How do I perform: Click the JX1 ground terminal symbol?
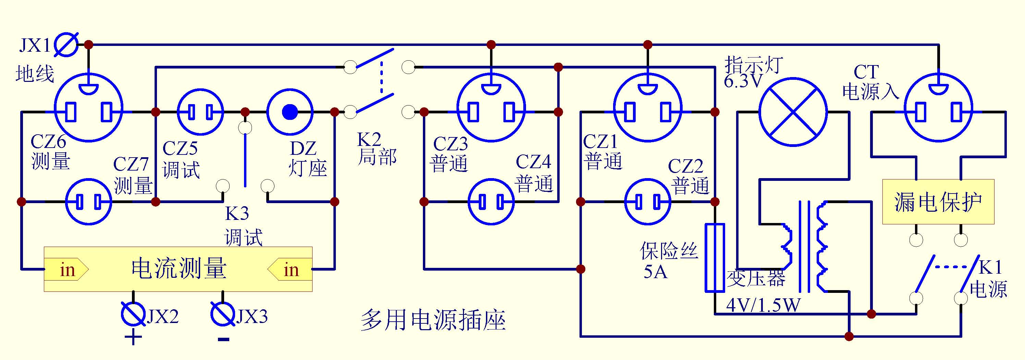tap(66, 44)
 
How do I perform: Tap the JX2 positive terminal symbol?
tap(133, 314)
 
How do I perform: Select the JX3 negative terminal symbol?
tap(222, 314)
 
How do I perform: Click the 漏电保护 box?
tap(938, 202)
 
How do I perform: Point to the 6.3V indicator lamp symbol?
tap(793, 112)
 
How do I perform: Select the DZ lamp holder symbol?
tap(290, 112)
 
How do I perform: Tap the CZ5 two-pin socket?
tap(200, 112)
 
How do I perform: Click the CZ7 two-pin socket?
tap(88, 202)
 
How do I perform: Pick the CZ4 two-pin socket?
tap(491, 202)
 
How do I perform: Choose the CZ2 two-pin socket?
tap(647, 202)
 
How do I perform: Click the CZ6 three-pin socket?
tap(88, 108)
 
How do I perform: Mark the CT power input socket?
tap(938, 108)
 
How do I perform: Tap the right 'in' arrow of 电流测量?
tap(291, 270)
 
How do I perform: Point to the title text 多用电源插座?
tap(433, 320)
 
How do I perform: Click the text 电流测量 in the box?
tap(179, 268)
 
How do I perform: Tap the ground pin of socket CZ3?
tap(491, 89)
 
